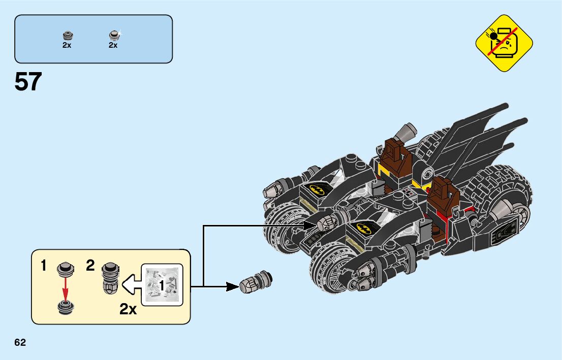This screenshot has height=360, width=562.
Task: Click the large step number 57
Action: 28,82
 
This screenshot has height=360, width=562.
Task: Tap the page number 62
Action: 20,342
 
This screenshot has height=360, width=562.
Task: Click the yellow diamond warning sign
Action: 504,43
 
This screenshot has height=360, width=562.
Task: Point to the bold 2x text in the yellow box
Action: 129,309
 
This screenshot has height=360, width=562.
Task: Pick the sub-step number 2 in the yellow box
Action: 90,265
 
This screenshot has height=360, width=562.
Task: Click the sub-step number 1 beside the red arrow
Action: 44,265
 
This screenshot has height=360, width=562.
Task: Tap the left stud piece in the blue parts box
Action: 67,36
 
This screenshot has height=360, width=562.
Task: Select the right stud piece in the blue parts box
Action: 113,36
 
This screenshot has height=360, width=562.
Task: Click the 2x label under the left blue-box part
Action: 67,45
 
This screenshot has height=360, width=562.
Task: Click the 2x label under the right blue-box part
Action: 113,45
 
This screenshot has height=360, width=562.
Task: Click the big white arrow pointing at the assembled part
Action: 132,285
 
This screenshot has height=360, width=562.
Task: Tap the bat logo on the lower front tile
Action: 364,228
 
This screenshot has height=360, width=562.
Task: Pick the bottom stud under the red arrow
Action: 65,306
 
